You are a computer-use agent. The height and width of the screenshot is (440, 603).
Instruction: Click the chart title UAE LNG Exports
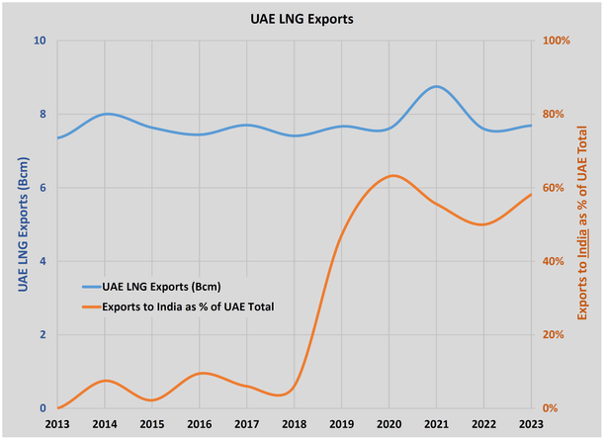point(301,19)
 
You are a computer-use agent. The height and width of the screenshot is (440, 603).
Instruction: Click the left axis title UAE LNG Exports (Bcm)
point(23,224)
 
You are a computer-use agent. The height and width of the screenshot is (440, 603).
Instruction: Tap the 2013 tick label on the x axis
point(57,423)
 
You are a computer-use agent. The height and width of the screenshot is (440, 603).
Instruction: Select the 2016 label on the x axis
point(200,423)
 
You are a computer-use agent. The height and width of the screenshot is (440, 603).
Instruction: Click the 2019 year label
point(342,423)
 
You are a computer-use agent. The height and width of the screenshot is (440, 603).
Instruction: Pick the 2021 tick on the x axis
point(436,423)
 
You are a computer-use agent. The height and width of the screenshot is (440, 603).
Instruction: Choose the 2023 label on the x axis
point(531,423)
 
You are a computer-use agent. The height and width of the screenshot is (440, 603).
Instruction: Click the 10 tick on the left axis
point(41,42)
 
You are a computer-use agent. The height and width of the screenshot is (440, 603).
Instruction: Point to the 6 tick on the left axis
point(43,188)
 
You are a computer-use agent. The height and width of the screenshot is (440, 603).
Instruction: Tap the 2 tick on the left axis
point(43,335)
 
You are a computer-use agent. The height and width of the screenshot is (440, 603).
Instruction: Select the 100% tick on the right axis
point(554,42)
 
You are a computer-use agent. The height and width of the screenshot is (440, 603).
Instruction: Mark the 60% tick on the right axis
point(552,188)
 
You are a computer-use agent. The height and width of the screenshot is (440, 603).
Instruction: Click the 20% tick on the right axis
point(552,335)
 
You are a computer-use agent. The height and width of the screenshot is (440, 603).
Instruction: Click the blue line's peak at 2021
point(436,86)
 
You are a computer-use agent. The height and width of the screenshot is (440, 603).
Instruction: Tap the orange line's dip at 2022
point(483,224)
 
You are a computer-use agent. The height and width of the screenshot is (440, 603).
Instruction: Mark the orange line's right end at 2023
point(531,194)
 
